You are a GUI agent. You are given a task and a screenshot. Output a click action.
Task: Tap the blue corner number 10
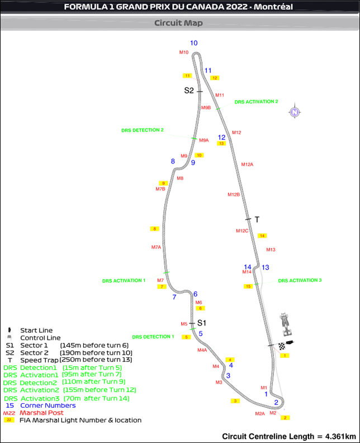click(194, 43)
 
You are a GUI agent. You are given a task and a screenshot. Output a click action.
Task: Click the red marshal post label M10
click(184, 52)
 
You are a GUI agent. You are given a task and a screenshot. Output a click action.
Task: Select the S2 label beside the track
click(189, 91)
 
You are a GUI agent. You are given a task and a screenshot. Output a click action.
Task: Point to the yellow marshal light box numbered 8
click(155, 229)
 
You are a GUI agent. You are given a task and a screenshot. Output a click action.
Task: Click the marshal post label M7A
click(156, 247)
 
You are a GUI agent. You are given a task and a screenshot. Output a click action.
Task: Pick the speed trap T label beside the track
click(257, 220)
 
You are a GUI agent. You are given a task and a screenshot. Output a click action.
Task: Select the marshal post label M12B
click(234, 195)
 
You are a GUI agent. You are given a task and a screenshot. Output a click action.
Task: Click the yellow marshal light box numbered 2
click(285, 418)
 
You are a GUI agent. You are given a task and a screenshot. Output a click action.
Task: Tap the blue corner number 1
click(266, 394)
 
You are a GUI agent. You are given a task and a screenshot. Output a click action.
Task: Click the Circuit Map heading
click(179, 23)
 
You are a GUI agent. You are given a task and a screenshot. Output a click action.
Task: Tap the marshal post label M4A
click(202, 350)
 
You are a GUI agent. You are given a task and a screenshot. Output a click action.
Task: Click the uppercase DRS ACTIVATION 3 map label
click(300, 280)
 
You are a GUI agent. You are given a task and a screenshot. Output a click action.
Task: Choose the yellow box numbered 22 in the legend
click(9, 420)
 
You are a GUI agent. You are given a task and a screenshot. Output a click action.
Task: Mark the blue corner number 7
click(174, 297)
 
